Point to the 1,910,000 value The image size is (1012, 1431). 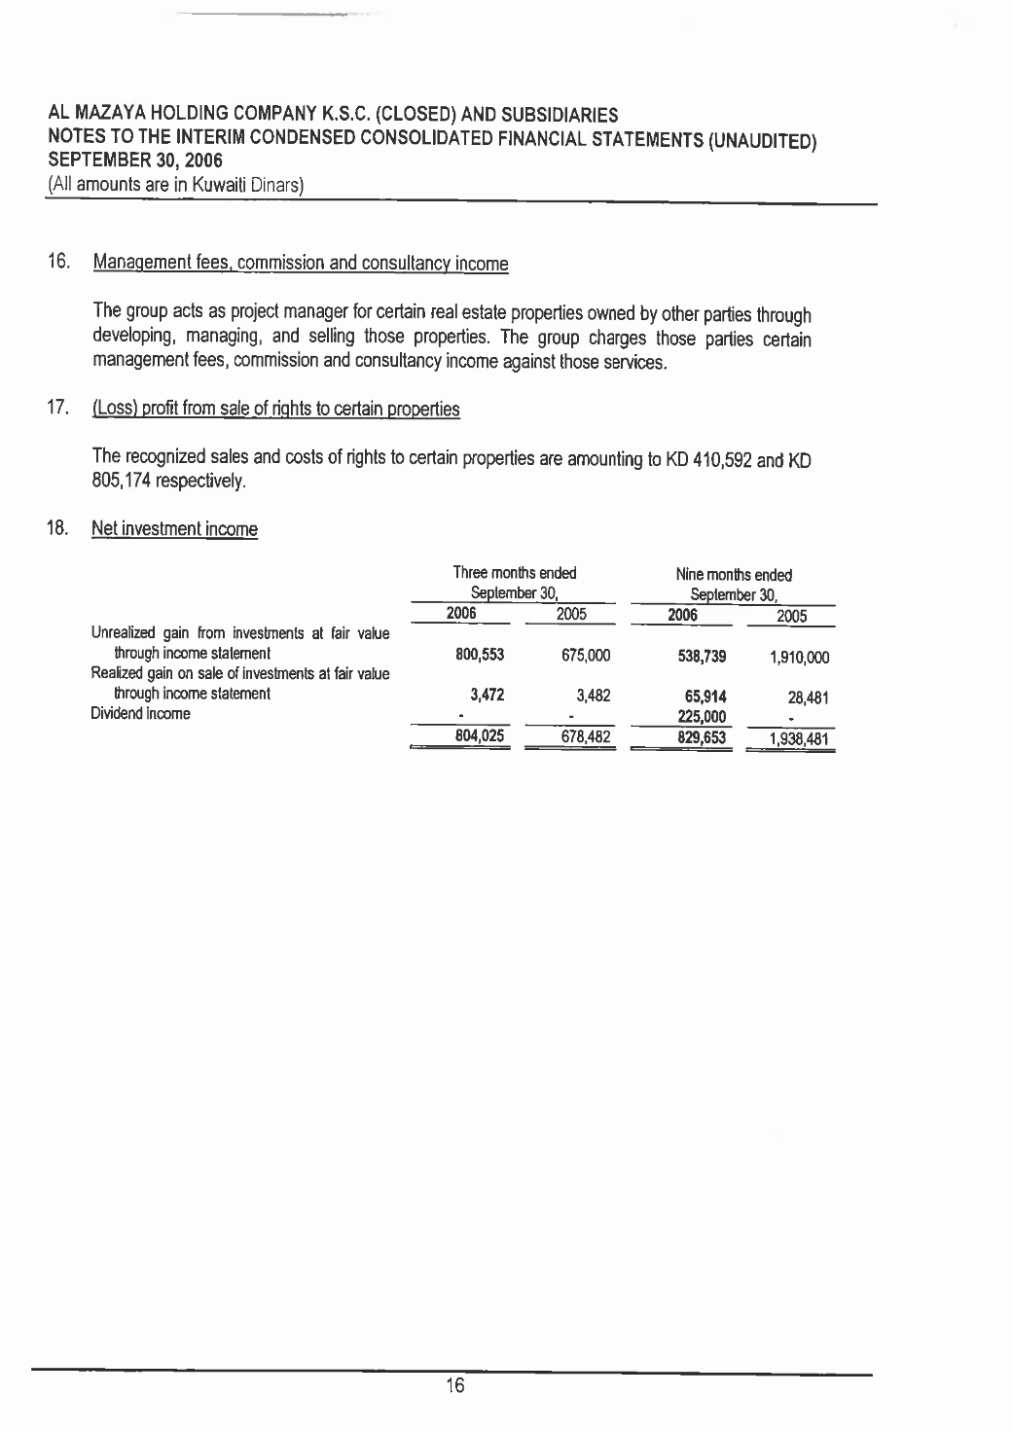coord(801,658)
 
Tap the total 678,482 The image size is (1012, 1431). coord(585,737)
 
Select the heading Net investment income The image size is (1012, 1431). coord(174,530)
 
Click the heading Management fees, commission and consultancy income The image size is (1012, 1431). coord(301,264)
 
